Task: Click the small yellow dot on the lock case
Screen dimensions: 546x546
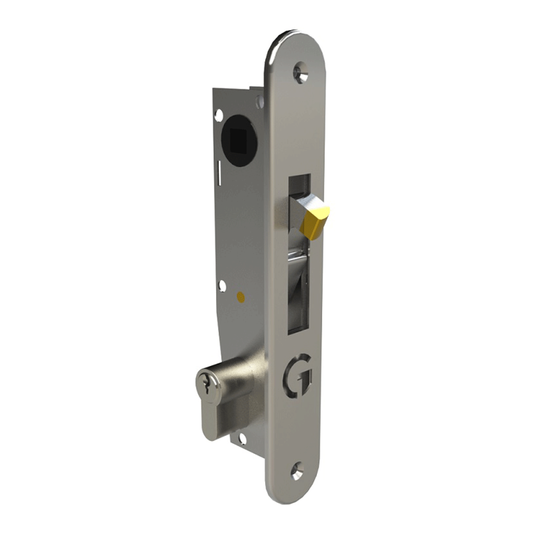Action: click(x=241, y=298)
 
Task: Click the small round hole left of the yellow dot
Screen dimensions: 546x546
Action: click(x=222, y=286)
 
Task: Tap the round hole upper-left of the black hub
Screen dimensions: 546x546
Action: click(x=220, y=112)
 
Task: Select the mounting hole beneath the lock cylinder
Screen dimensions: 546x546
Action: click(x=242, y=439)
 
